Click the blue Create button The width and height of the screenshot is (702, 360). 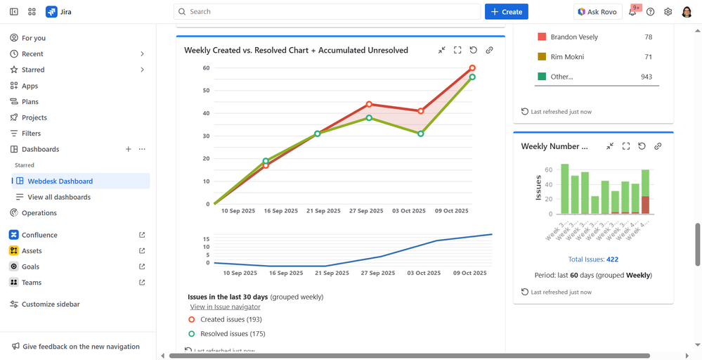click(x=506, y=12)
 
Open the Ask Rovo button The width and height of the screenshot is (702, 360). click(x=599, y=12)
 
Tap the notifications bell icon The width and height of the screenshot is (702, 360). click(x=632, y=12)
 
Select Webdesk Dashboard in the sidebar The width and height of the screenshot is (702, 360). click(x=60, y=181)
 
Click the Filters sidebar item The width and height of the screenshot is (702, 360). click(x=31, y=134)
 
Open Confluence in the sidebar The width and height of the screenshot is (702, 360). click(x=39, y=235)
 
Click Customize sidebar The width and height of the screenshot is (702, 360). click(x=51, y=304)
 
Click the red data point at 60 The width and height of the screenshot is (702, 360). click(x=472, y=68)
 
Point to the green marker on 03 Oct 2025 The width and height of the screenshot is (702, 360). click(x=421, y=134)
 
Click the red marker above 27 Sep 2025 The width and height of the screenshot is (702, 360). click(x=369, y=104)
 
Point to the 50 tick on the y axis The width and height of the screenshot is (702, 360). click(x=207, y=91)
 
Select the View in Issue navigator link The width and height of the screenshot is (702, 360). click(x=225, y=307)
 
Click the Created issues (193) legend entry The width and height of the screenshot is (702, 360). click(x=232, y=319)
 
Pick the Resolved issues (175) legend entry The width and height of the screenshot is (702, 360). click(x=233, y=334)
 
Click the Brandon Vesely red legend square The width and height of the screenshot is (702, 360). click(x=542, y=37)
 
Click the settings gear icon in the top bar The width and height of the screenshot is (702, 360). click(x=668, y=12)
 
